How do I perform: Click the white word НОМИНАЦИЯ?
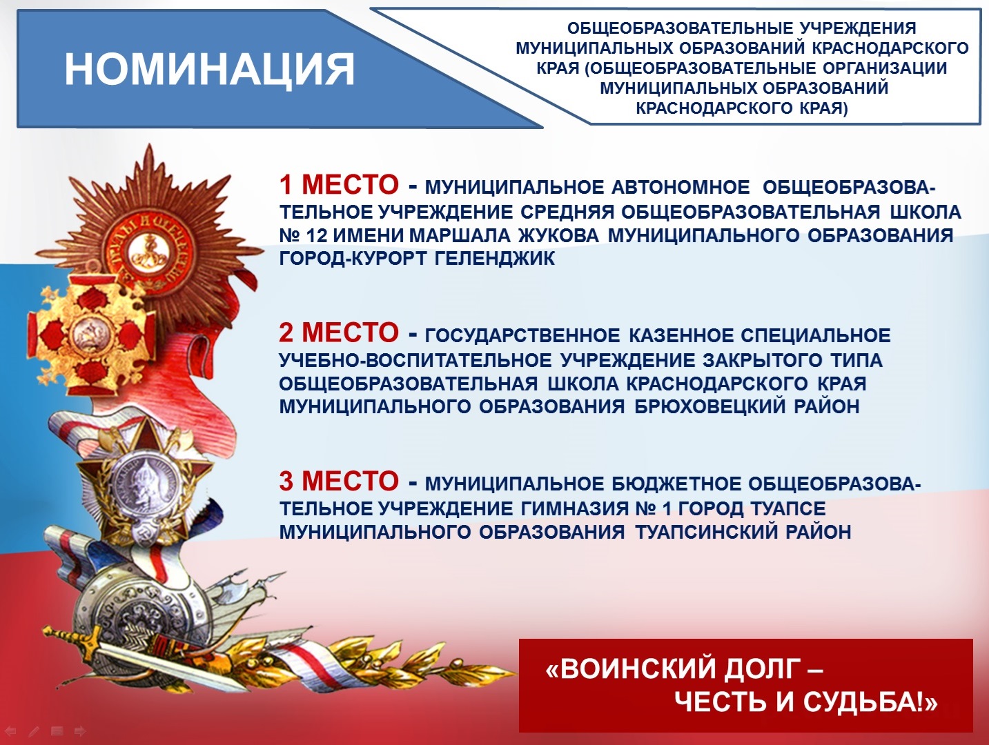tap(210, 69)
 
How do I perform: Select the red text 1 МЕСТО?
tap(339, 185)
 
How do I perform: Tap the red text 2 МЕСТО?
tap(339, 332)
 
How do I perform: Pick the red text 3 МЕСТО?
tap(339, 481)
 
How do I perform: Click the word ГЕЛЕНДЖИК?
tap(495, 259)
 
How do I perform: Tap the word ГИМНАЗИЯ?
tap(574, 508)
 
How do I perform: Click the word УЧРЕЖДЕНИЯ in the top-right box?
tap(858, 28)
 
